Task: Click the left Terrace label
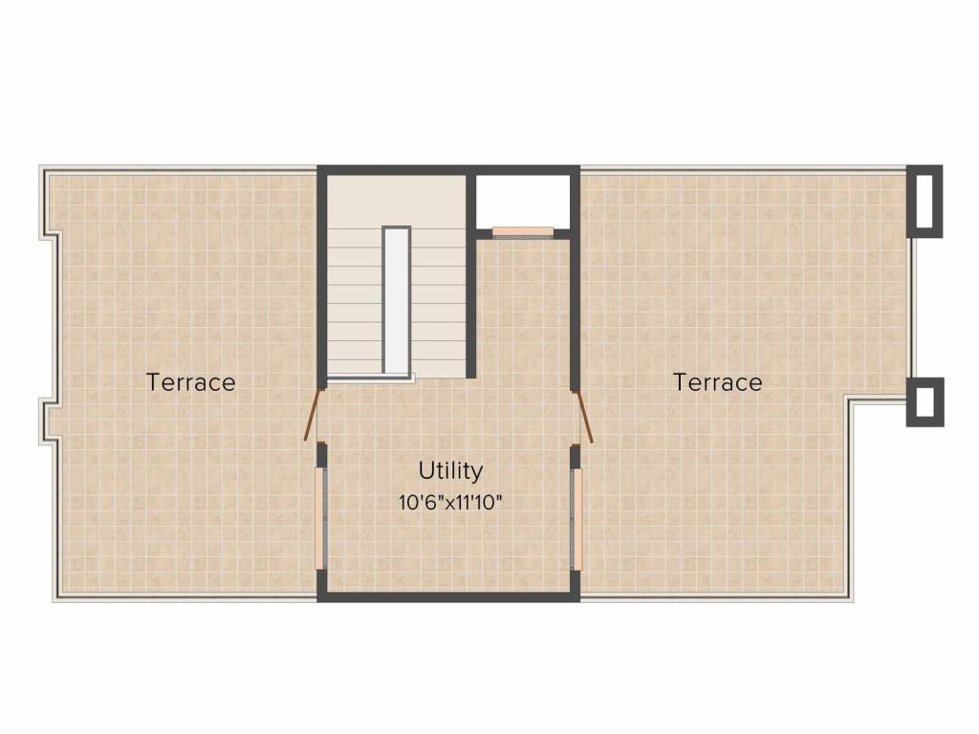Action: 190,382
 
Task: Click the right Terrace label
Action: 718,382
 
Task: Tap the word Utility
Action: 450,470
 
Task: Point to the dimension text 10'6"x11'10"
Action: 450,502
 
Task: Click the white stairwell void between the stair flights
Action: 397,299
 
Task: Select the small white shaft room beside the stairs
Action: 523,201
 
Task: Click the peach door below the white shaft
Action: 523,230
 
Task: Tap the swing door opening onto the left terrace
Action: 313,414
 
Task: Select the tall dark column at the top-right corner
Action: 925,202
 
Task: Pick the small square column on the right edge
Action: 925,401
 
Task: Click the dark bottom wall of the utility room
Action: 448,596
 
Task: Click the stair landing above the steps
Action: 395,199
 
